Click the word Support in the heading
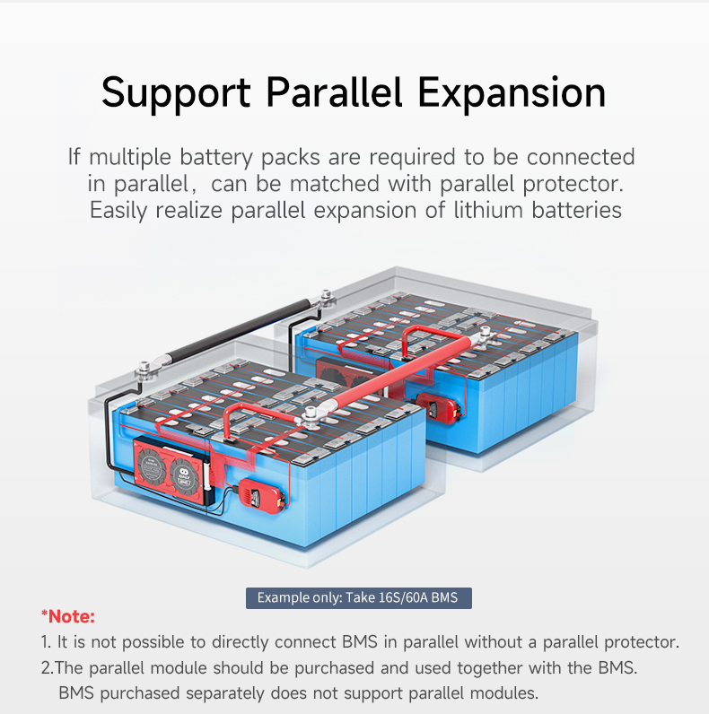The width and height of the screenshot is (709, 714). pos(176,94)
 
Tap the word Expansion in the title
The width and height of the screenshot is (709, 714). pos(512,94)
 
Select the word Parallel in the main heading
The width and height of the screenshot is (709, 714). pos(334,92)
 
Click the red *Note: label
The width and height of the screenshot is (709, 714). pos(68,616)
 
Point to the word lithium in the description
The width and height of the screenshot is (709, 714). pos(488,210)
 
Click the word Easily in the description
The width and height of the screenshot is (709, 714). pos(118,212)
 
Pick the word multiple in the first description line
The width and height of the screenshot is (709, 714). pos(130,158)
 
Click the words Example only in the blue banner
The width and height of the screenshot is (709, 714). pos(300,597)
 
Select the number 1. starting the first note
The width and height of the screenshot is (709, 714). pos(46,642)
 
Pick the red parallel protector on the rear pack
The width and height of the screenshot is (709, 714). pos(437,407)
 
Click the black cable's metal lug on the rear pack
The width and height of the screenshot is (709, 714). pos(327,299)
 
